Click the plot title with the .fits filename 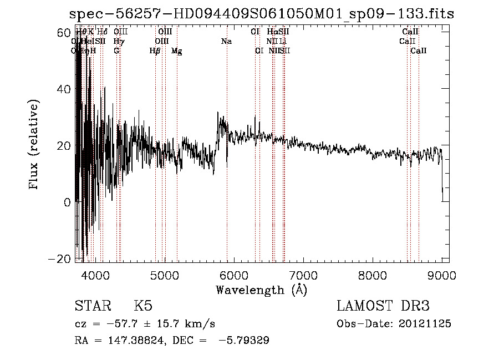click(x=261, y=13)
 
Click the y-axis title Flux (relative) click(x=34, y=145)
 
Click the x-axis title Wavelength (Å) click(x=261, y=290)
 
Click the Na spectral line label click(x=226, y=42)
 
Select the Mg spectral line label click(x=177, y=51)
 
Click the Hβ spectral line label click(x=155, y=51)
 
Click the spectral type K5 click(x=142, y=307)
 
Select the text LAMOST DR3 click(x=383, y=307)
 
